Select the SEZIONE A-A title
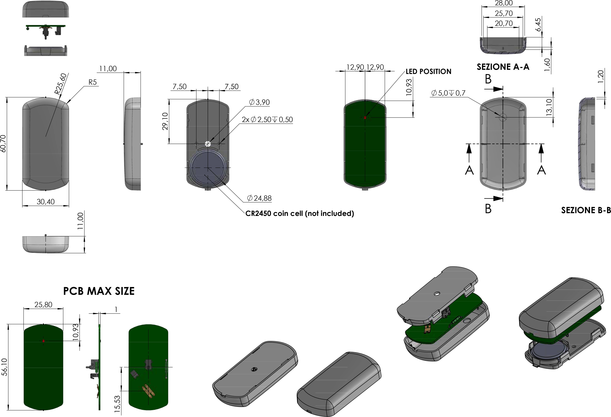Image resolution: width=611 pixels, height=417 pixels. [x=503, y=67]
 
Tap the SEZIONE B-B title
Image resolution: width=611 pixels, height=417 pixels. [x=586, y=210]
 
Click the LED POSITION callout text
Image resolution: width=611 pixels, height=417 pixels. [x=429, y=72]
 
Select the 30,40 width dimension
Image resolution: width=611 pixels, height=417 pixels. [x=46, y=202]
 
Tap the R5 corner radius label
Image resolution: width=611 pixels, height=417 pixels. [x=92, y=82]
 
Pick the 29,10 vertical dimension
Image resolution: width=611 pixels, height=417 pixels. [x=165, y=121]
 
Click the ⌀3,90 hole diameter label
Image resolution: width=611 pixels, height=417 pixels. [x=259, y=102]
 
